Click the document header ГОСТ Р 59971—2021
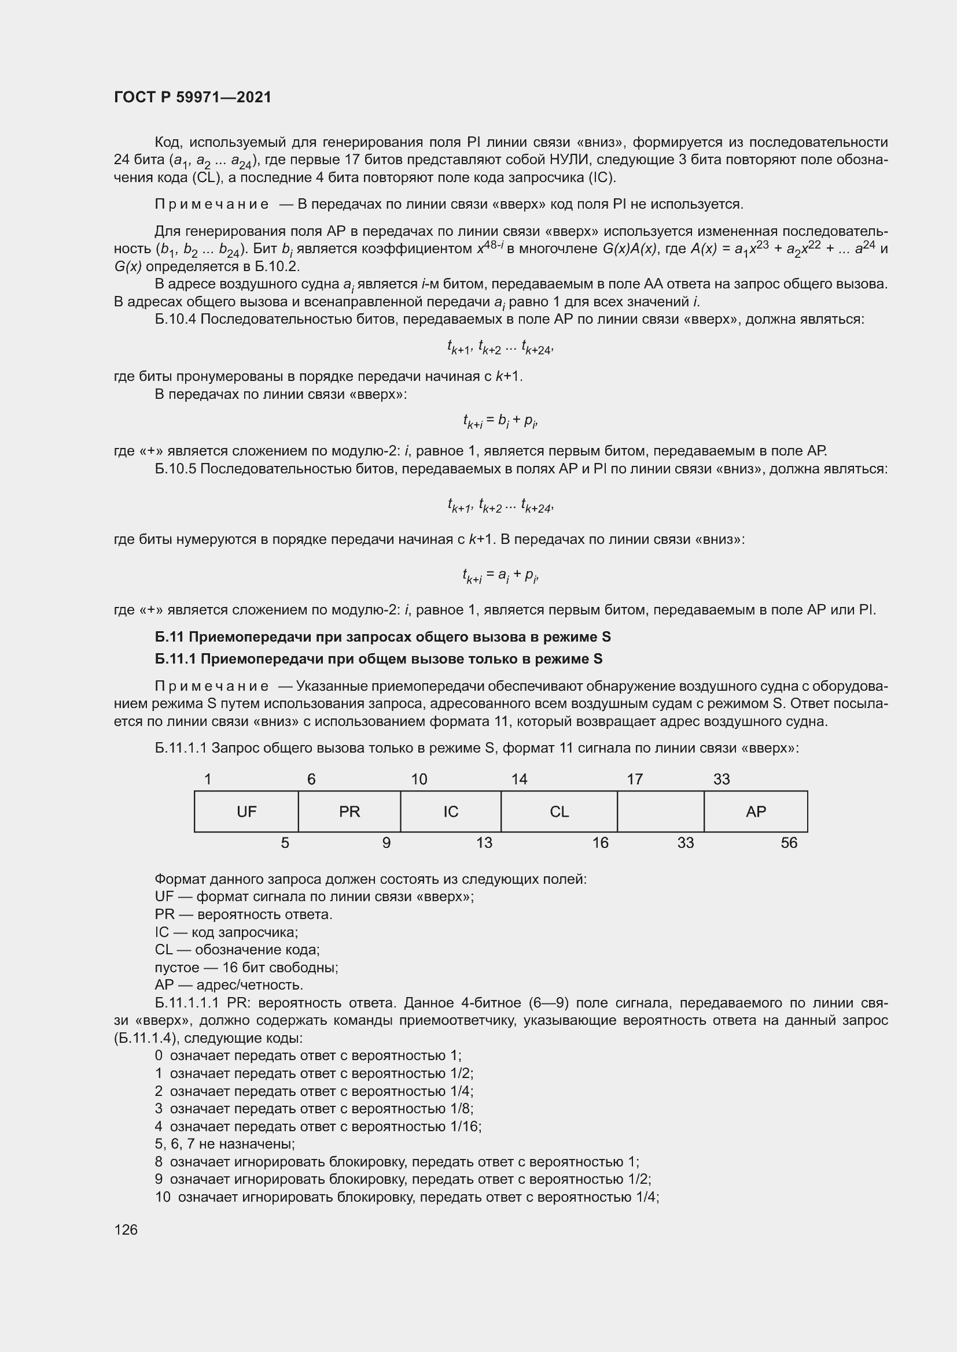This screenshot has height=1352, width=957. coord(193,97)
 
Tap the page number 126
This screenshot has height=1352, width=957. coord(126,1229)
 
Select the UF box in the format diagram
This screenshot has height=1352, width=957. coord(246,812)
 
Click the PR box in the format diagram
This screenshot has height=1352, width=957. coord(349,812)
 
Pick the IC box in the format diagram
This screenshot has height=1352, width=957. coord(450,812)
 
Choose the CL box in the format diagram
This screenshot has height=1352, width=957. coord(559,812)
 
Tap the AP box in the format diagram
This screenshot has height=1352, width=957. coord(756,812)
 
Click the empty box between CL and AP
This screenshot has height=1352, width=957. coord(660,812)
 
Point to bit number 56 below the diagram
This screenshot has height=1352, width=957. coord(789,843)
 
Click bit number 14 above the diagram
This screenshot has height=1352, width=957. coord(519,779)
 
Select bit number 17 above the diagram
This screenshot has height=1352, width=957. coord(634,779)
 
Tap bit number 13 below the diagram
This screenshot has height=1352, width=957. coord(484,843)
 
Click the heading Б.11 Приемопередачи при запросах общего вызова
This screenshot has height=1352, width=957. coord(382,636)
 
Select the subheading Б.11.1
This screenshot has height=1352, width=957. coord(378,658)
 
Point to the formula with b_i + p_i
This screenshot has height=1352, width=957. coord(500,421)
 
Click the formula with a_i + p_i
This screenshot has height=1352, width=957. coord(500,575)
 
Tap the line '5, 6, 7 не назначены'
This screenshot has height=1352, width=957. coord(224,1143)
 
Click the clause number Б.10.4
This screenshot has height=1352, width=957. coord(175,319)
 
